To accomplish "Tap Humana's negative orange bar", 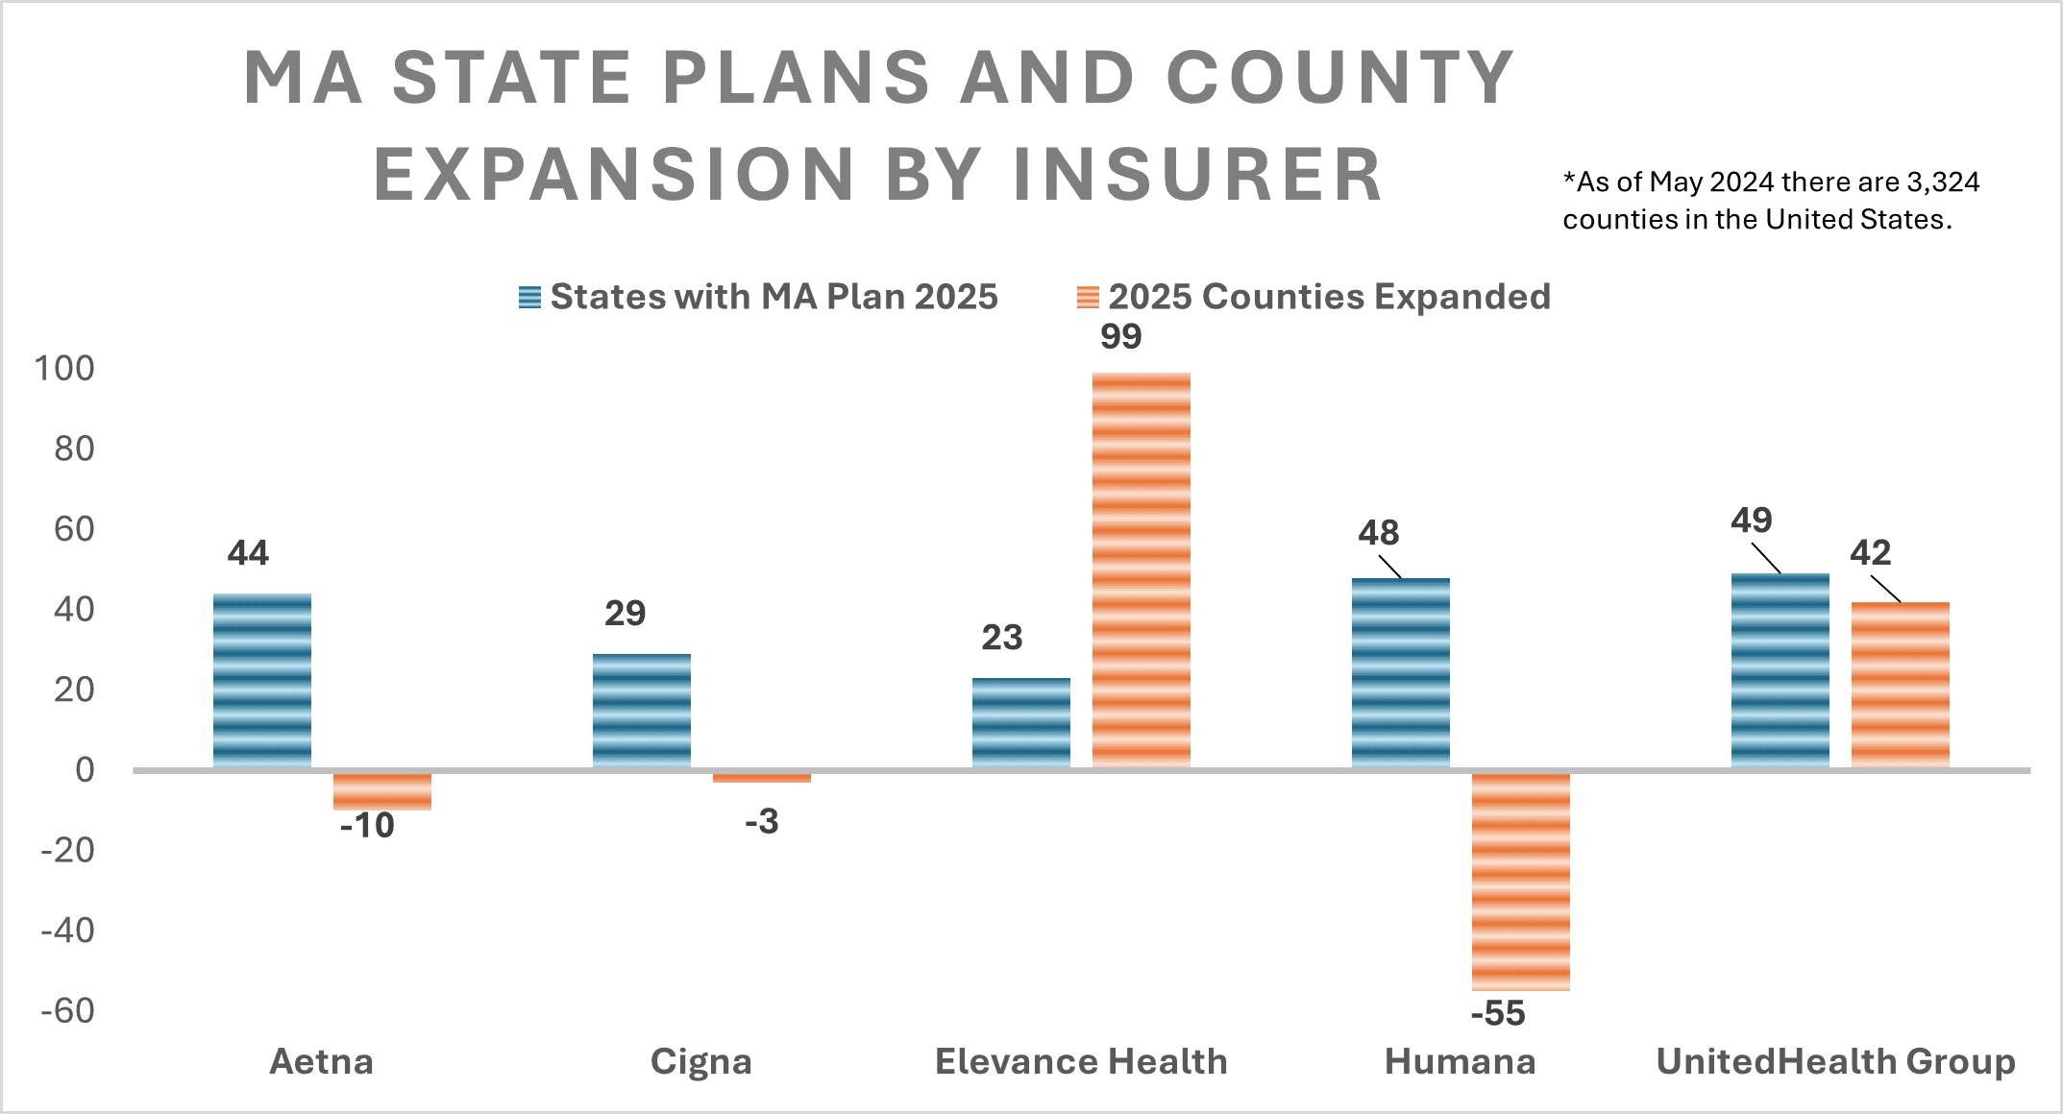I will coord(1520,881).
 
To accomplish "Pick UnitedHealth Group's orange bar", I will coord(1900,684).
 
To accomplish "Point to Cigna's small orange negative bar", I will coord(761,777).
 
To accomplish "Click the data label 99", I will coord(1120,337).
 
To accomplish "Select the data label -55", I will coord(1497,1013).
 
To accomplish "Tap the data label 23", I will coord(1001,638).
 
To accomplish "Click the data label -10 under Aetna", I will coord(367,825).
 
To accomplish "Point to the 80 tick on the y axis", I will coord(74,448).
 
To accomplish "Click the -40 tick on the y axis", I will coord(67,930).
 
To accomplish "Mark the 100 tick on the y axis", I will coord(64,368).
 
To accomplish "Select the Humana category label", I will coord(1460,1061).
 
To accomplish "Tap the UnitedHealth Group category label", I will coord(1835,1061).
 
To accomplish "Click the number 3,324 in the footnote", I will coord(1943,182).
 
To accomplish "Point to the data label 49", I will coord(1751,521).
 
